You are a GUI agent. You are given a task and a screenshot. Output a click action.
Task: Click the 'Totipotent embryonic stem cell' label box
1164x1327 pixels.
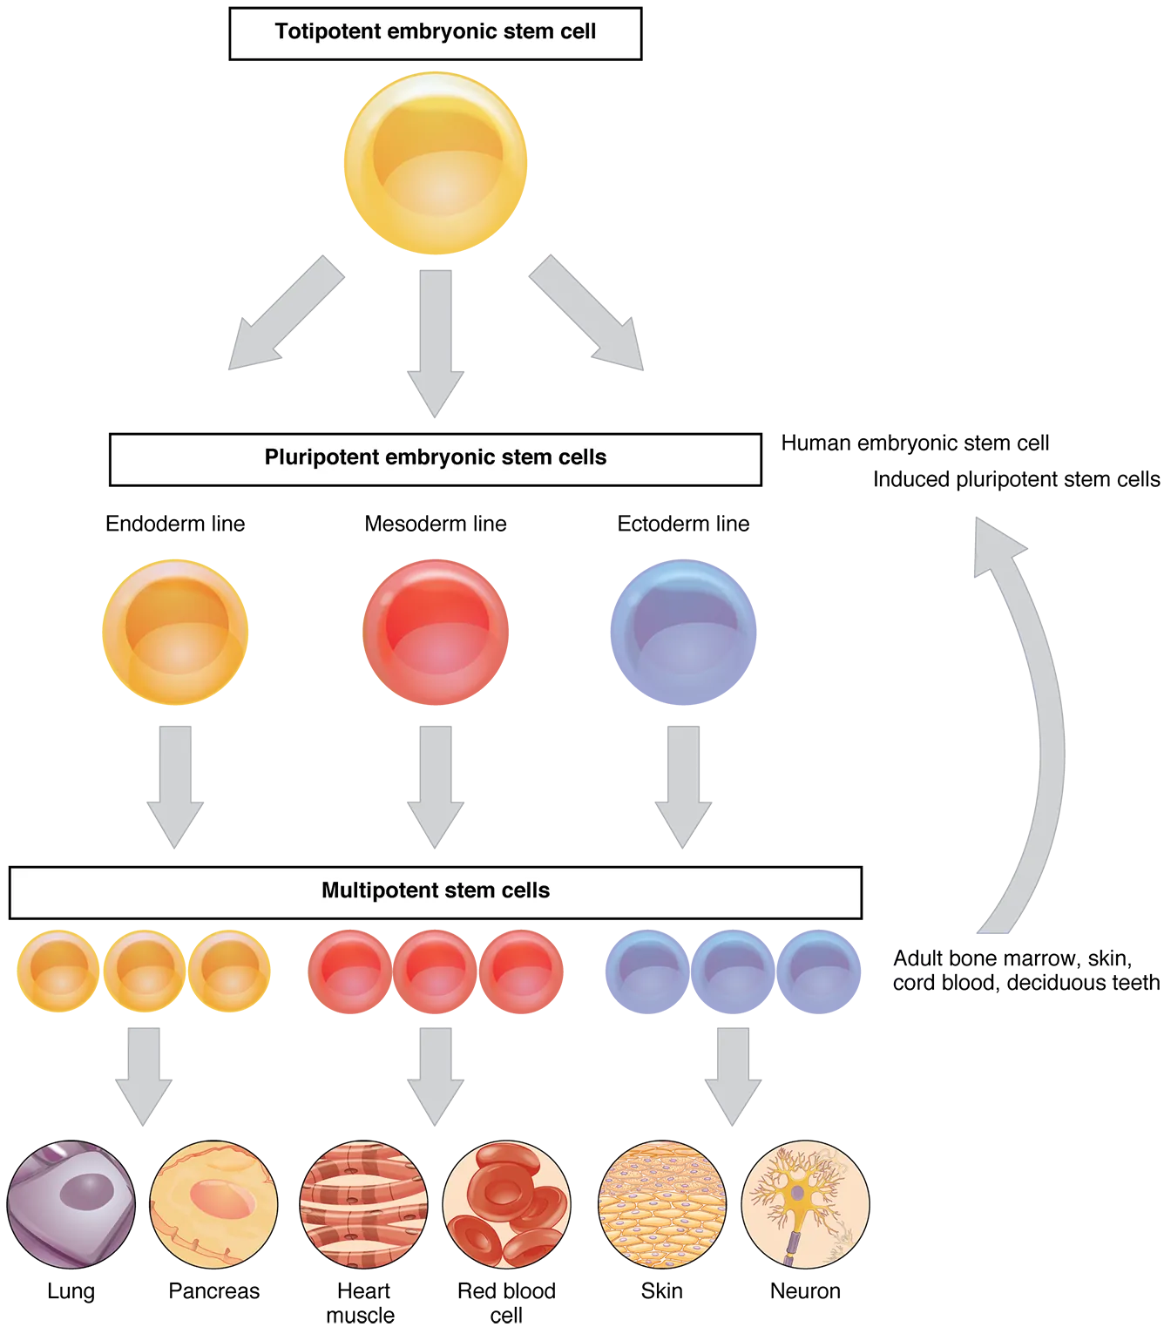tap(435, 32)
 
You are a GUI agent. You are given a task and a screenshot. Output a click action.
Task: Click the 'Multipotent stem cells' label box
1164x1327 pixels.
tap(435, 891)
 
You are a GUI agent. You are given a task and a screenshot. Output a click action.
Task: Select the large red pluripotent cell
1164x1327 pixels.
tap(435, 632)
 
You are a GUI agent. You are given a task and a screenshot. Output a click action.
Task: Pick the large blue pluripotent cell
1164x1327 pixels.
tap(680, 632)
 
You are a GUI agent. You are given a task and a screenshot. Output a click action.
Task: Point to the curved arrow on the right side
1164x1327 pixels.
tap(1037, 723)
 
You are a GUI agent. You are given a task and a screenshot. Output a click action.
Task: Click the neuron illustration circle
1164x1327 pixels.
tap(805, 1204)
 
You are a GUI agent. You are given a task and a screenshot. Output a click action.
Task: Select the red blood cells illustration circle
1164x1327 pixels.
tap(506, 1204)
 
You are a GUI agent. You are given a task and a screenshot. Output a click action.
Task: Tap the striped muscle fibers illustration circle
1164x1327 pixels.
tap(363, 1204)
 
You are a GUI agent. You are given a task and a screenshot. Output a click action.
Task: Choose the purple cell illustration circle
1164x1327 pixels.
tap(71, 1204)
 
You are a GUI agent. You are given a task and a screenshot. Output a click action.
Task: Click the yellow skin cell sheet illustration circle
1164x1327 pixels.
tap(662, 1204)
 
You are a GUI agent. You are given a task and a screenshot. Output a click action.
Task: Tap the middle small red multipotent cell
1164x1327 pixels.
tap(433, 969)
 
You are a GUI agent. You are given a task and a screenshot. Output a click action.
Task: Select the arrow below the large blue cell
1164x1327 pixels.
tap(683, 784)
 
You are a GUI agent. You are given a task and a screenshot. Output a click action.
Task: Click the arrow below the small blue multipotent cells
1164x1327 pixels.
tap(733, 1073)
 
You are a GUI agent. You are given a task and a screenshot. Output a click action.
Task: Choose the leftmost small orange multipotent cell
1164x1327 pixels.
tap(58, 969)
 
